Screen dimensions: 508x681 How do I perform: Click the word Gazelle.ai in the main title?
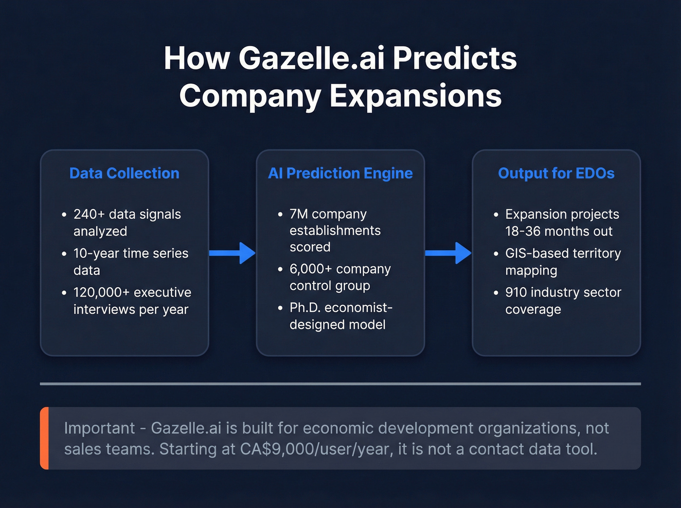pos(311,58)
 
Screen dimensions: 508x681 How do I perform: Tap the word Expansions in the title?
pos(415,96)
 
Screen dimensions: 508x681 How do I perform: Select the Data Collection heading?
pos(124,174)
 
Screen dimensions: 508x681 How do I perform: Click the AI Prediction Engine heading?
pos(340,174)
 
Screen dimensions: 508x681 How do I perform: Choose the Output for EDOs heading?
pos(556,174)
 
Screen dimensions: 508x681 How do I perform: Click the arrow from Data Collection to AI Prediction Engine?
pos(232,253)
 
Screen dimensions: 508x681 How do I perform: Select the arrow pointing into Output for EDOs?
pos(448,253)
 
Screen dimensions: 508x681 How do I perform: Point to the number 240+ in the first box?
pos(89,214)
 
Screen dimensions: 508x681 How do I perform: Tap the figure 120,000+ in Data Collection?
pos(101,293)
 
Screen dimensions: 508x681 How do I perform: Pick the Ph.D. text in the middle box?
pos(305,308)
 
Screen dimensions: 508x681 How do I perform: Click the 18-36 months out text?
pos(558,231)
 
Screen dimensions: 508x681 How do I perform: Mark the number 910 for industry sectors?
pos(516,293)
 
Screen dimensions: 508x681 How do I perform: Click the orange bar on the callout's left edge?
pos(44,438)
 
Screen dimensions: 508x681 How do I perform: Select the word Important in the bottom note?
pos(99,428)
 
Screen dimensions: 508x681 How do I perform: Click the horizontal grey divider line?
pos(340,384)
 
